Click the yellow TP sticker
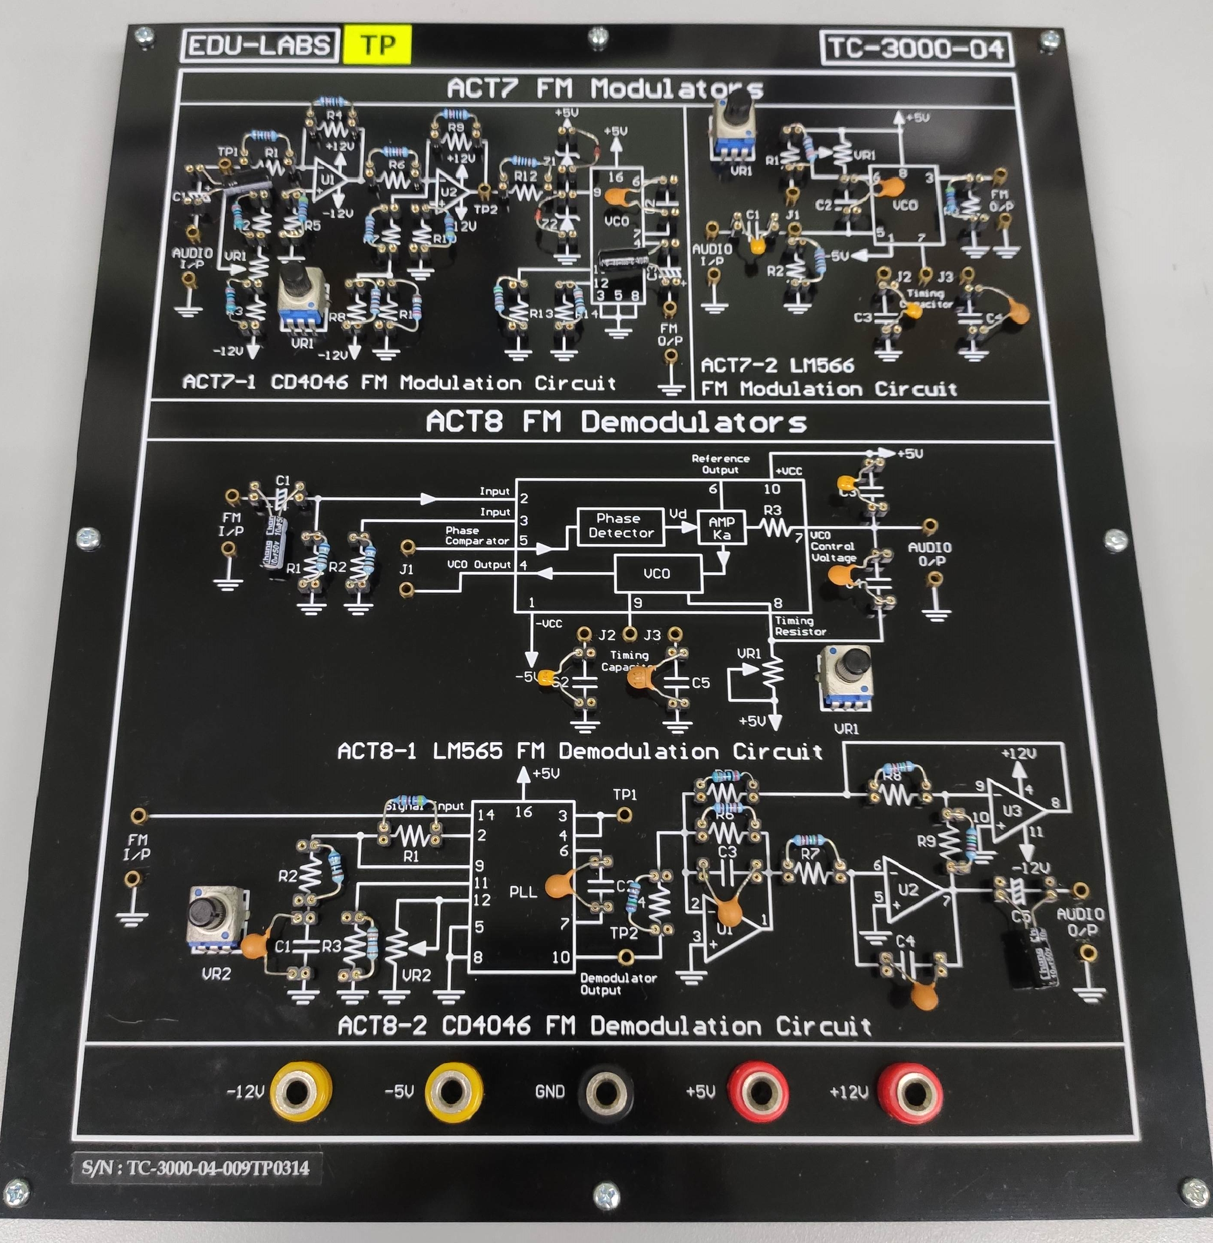pyautogui.click(x=377, y=44)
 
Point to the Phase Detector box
pyautogui.click(x=621, y=526)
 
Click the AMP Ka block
pyautogui.click(x=721, y=528)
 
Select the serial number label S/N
pyautogui.click(x=196, y=1168)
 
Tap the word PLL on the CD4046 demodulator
pyautogui.click(x=523, y=892)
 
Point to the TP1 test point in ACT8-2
pyautogui.click(x=624, y=814)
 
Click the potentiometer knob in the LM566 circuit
pyautogui.click(x=739, y=105)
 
